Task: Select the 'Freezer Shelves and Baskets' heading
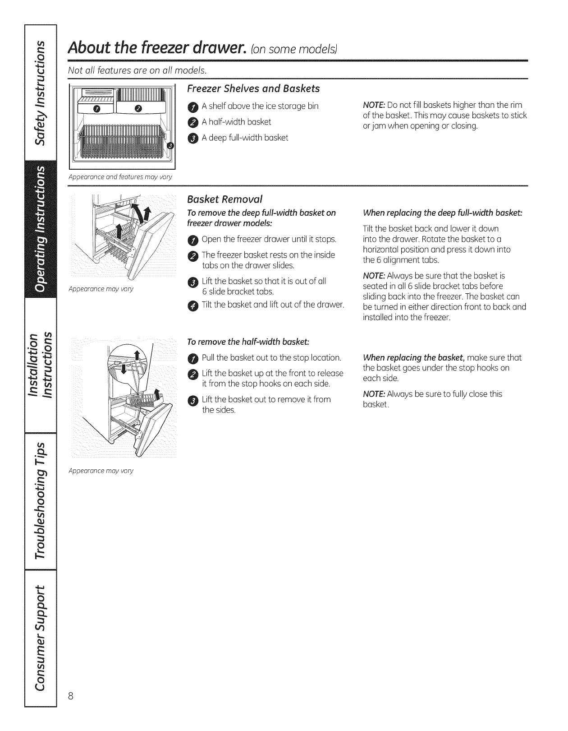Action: (x=253, y=88)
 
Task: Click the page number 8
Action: (x=71, y=696)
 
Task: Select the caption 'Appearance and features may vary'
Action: (x=120, y=177)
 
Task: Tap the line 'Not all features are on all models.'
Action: (x=137, y=70)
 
